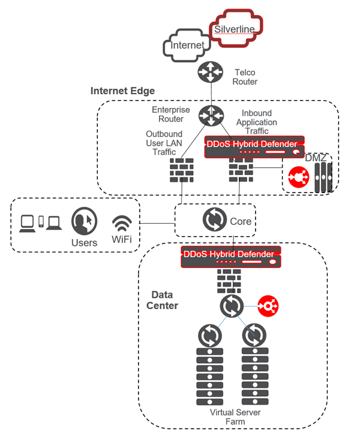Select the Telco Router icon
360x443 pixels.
click(x=210, y=73)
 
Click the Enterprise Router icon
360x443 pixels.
click(x=210, y=113)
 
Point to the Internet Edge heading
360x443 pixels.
click(x=122, y=91)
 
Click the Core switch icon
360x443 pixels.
click(x=215, y=220)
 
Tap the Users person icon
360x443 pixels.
click(x=84, y=222)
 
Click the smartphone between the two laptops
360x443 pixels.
click(x=41, y=222)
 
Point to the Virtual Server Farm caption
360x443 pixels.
click(x=230, y=417)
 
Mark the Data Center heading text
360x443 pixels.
click(x=164, y=300)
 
